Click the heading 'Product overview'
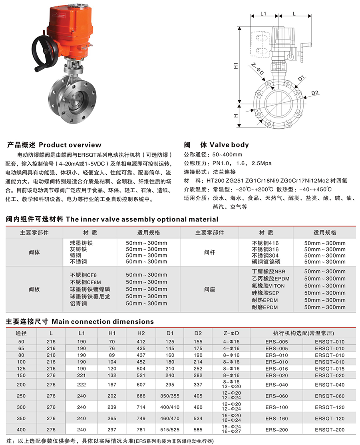70,145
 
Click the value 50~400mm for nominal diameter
227,155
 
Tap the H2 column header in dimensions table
141,333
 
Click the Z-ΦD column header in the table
231,333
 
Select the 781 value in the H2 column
141,430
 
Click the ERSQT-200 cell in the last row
330,430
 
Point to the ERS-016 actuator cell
276,368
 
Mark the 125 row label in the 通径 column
21,368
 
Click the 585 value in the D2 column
198,430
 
